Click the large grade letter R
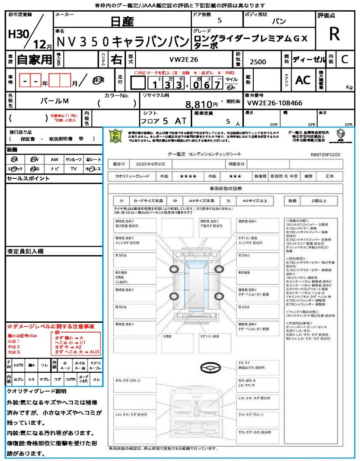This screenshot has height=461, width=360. (334, 34)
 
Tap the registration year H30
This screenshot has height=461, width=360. (18, 34)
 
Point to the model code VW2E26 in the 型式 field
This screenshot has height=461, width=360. (183, 59)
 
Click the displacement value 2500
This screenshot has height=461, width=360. (257, 62)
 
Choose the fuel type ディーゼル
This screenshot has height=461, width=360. (309, 59)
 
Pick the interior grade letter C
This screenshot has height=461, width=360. (344, 59)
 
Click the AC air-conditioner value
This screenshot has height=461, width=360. (303, 80)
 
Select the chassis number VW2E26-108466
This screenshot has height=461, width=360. (274, 103)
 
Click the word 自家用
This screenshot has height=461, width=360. (35, 59)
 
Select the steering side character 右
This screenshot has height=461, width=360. (117, 59)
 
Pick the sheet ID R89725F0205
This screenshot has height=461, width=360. (325, 154)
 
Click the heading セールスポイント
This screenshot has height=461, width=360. (28, 178)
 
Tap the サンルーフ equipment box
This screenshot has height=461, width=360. (73, 159)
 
